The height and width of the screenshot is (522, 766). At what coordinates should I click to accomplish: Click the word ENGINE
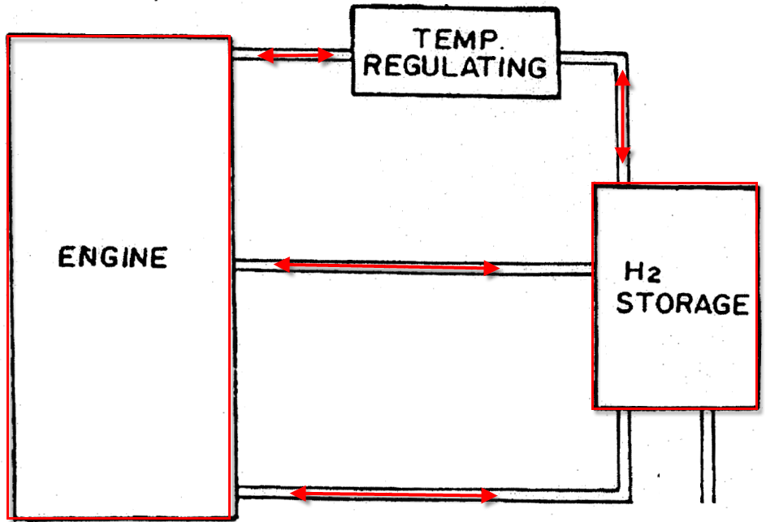click(x=112, y=257)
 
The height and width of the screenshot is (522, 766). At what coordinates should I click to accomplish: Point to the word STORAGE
click(x=682, y=303)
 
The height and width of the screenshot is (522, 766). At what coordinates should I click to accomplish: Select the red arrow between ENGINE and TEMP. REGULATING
click(x=296, y=55)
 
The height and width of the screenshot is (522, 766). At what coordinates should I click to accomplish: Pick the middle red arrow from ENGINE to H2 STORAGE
click(x=387, y=266)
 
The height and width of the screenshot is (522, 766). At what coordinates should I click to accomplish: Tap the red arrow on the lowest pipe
click(x=394, y=494)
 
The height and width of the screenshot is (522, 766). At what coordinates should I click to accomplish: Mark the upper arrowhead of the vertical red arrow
click(x=622, y=79)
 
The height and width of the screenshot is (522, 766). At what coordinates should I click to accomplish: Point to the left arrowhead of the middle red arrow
click(x=283, y=265)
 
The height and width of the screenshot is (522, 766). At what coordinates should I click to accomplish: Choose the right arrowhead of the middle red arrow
click(x=491, y=268)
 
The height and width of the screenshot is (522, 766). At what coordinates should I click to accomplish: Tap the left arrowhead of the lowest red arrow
click(x=299, y=493)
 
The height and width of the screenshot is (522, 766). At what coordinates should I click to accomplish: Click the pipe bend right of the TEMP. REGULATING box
click(x=621, y=58)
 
